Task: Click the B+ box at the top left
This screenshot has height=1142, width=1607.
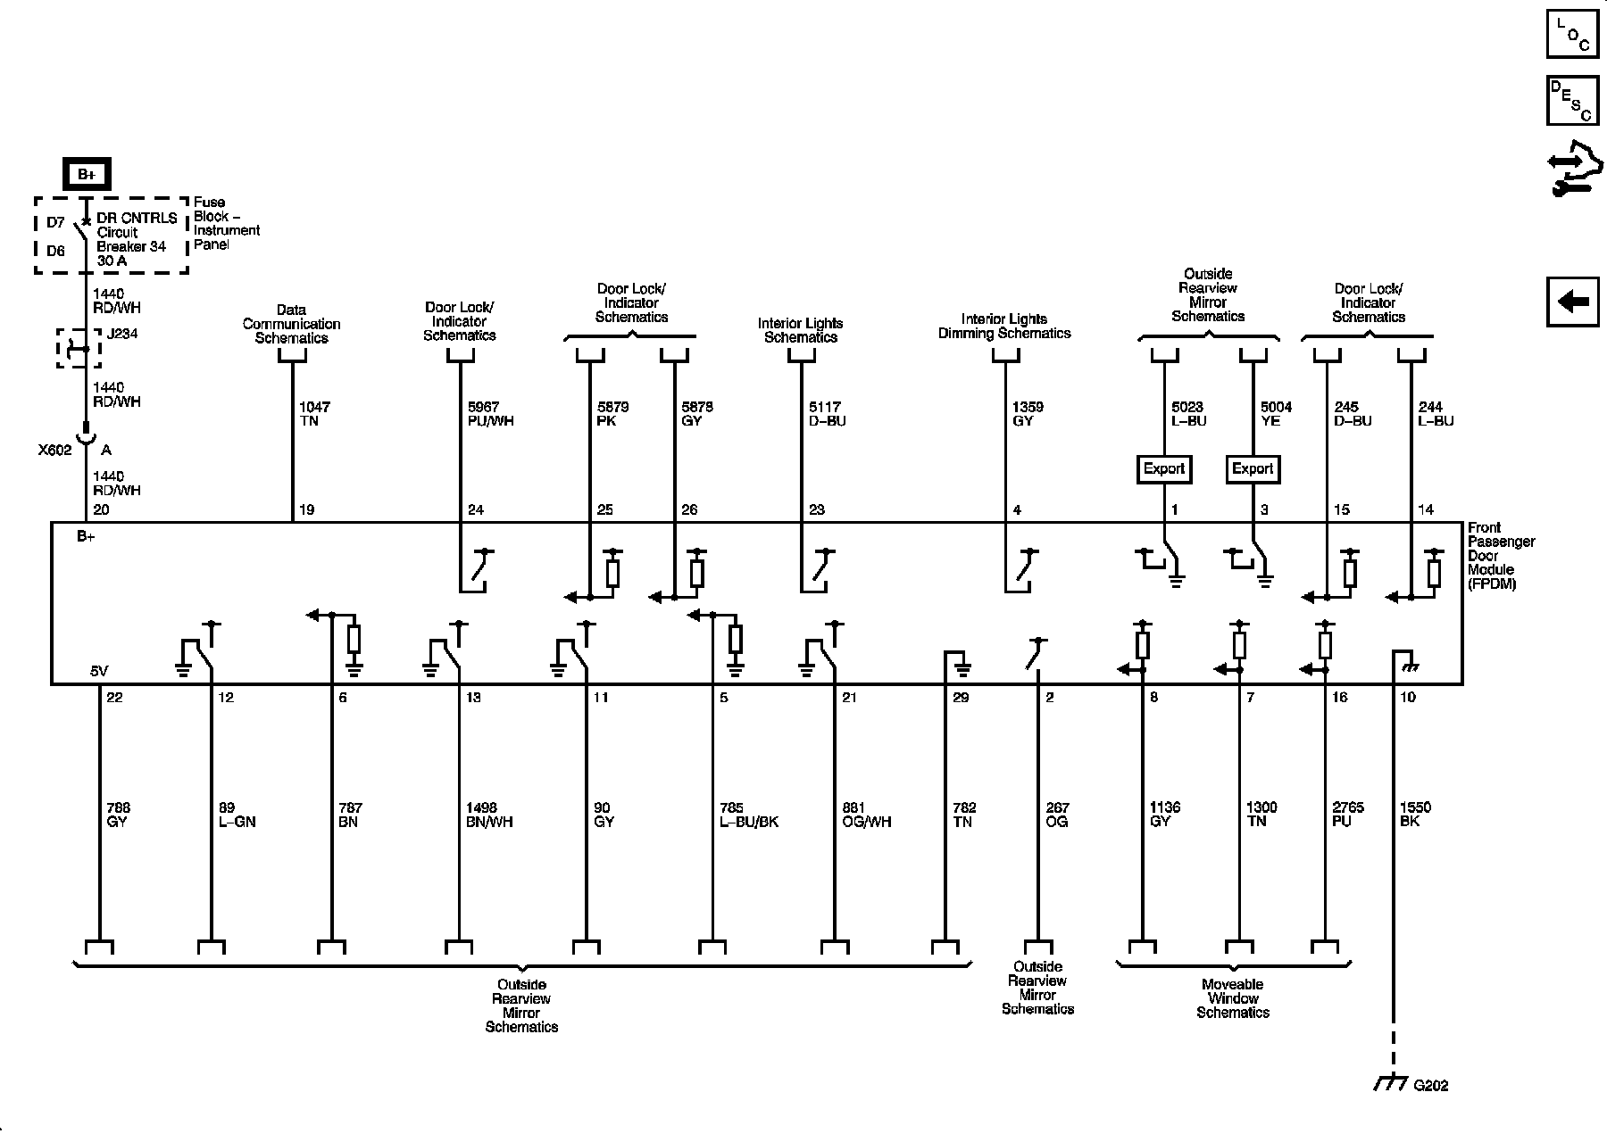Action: click(87, 175)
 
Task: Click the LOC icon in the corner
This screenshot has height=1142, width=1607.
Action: click(1572, 35)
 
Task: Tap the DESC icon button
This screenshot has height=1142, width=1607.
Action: click(1572, 101)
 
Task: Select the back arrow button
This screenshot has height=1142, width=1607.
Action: click(1572, 302)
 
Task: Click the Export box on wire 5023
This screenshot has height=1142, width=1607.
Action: click(1164, 469)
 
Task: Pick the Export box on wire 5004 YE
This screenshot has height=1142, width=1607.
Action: click(1253, 469)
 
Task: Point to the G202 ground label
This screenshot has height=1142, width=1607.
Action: click(1431, 1086)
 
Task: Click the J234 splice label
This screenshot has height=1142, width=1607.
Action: click(122, 335)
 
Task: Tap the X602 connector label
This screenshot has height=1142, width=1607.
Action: click(54, 451)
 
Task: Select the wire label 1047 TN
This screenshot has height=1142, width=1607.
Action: click(314, 414)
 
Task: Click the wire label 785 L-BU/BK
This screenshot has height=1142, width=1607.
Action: click(748, 815)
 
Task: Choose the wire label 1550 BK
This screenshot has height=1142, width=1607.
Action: click(1415, 814)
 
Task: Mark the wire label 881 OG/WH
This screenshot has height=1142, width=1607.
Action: click(866, 815)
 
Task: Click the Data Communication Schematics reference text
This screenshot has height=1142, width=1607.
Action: click(291, 324)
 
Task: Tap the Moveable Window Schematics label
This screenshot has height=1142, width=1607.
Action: click(1233, 998)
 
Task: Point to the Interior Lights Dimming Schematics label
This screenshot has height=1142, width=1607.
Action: click(1004, 326)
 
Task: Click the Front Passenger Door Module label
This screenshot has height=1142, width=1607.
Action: click(1501, 556)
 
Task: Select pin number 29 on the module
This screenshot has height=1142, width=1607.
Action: click(961, 698)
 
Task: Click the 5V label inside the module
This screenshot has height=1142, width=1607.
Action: click(99, 671)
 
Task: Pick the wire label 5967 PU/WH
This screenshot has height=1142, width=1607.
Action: click(490, 414)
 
